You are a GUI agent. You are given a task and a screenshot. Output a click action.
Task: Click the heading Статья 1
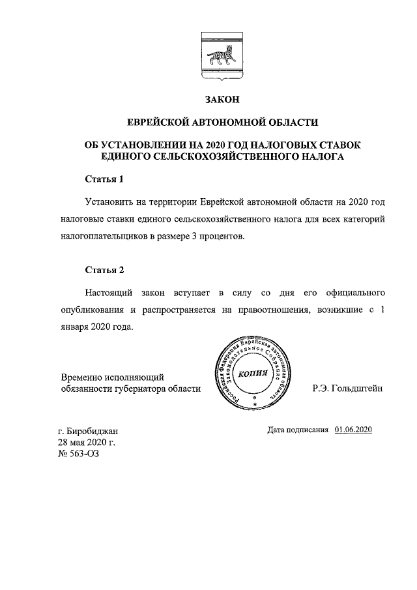click(104, 179)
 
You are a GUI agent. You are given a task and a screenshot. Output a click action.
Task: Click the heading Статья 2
click(104, 269)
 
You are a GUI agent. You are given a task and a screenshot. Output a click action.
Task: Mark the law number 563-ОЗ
click(85, 454)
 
